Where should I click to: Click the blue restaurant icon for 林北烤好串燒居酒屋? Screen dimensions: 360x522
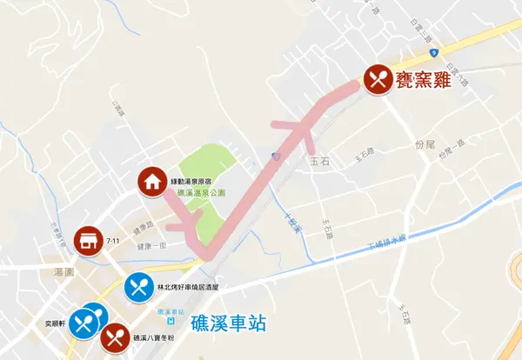138,287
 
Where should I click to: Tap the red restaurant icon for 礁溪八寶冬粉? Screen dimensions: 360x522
115,337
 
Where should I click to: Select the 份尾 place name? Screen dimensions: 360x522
424,143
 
